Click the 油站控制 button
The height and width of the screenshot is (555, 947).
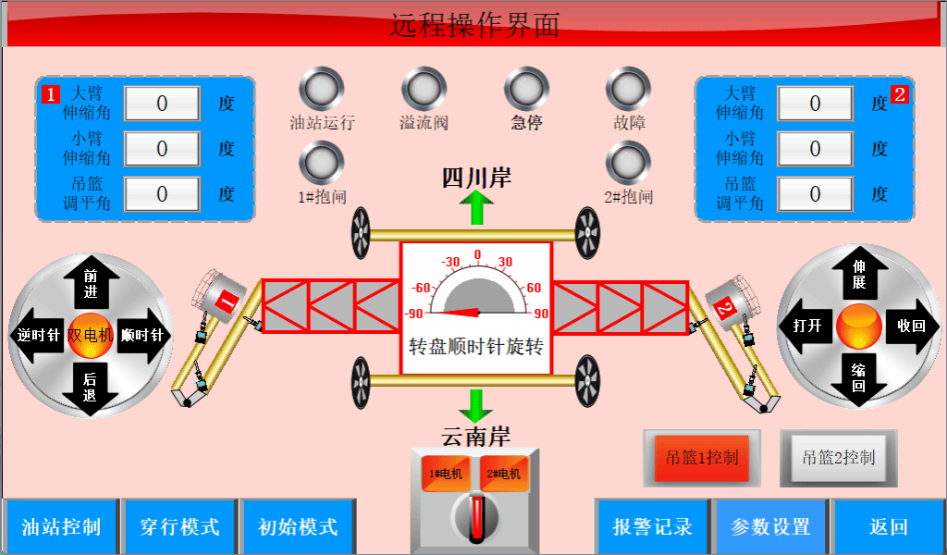click(61, 527)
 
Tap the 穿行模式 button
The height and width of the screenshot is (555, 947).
click(179, 527)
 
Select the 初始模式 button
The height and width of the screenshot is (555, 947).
click(297, 527)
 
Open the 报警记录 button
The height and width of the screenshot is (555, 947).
click(652, 527)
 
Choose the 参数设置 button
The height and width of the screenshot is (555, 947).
click(770, 527)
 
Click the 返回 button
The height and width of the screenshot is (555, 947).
click(888, 527)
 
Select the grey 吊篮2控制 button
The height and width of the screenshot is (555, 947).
click(838, 457)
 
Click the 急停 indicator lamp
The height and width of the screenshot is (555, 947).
click(526, 89)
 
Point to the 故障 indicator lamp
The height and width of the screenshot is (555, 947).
click(629, 89)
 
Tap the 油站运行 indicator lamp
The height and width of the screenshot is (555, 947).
click(322, 89)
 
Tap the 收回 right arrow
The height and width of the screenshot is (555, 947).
click(909, 326)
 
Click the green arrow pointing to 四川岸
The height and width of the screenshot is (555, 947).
click(477, 207)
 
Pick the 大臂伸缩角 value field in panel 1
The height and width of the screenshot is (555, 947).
click(162, 104)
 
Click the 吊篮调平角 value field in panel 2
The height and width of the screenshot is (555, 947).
click(814, 194)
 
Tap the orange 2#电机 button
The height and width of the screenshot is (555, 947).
click(503, 474)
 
